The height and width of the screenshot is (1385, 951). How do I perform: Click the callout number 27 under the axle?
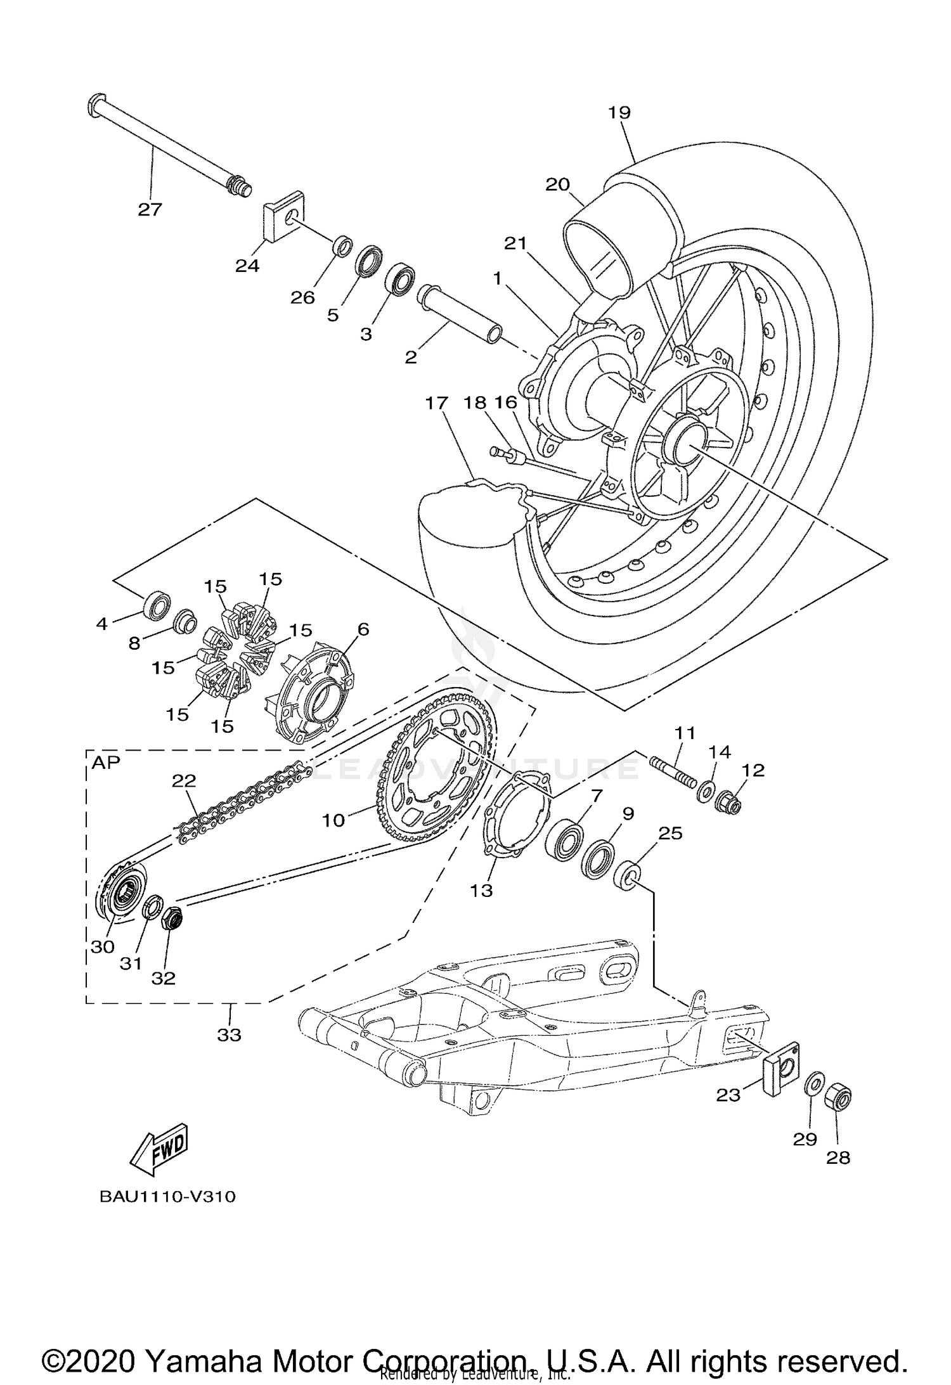coord(150,209)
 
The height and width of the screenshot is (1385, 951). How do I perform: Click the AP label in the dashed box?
coord(106,762)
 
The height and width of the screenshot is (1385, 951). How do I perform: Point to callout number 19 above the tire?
coord(619,113)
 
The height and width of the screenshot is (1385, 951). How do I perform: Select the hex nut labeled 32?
coord(173,918)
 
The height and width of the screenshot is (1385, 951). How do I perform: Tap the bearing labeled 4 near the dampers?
coord(157,604)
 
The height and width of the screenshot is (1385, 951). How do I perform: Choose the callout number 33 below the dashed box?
coord(230,1034)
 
